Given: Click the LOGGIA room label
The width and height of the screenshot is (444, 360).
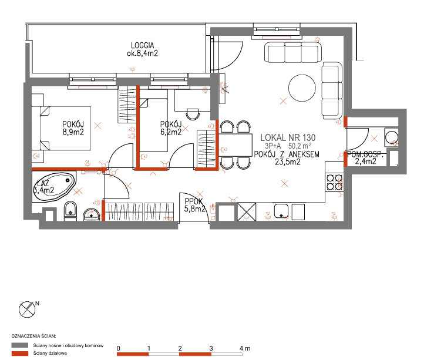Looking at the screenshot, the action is click(x=143, y=45).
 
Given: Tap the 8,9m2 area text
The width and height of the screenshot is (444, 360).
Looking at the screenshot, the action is click(x=73, y=132).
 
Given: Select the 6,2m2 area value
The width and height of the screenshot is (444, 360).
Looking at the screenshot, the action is click(x=171, y=132).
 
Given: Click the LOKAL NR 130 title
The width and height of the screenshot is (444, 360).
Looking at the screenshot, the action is click(x=288, y=138).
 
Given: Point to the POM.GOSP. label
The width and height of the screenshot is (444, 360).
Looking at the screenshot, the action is click(x=365, y=155).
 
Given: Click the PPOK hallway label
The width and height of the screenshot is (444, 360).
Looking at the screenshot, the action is click(x=194, y=201).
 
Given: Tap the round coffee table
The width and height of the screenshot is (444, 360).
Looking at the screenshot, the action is click(x=302, y=88).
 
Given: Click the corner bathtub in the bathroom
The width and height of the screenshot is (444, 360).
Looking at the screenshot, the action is click(x=54, y=187).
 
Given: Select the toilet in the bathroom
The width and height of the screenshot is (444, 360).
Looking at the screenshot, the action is click(x=70, y=211).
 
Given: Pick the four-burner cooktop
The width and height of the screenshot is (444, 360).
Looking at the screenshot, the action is click(x=334, y=182).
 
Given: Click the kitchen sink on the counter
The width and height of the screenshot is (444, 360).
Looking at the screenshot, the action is click(x=281, y=211).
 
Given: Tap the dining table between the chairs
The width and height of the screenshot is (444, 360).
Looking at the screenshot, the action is click(x=236, y=145).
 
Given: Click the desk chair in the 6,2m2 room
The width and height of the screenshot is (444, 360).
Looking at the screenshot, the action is click(x=193, y=114).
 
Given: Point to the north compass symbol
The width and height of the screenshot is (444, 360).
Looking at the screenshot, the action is click(x=27, y=309).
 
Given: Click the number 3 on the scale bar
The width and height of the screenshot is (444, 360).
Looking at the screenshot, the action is click(x=211, y=348).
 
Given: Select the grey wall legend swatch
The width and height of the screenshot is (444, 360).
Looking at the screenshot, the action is click(x=20, y=345).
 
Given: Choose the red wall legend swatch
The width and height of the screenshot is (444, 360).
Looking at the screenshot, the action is click(x=20, y=354).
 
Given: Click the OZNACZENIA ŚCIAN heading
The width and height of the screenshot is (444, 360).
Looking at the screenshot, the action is click(x=33, y=336).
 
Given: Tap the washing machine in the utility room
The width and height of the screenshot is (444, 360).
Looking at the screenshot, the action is click(x=391, y=137).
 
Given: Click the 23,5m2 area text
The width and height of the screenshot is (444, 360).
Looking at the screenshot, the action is click(x=288, y=162).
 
